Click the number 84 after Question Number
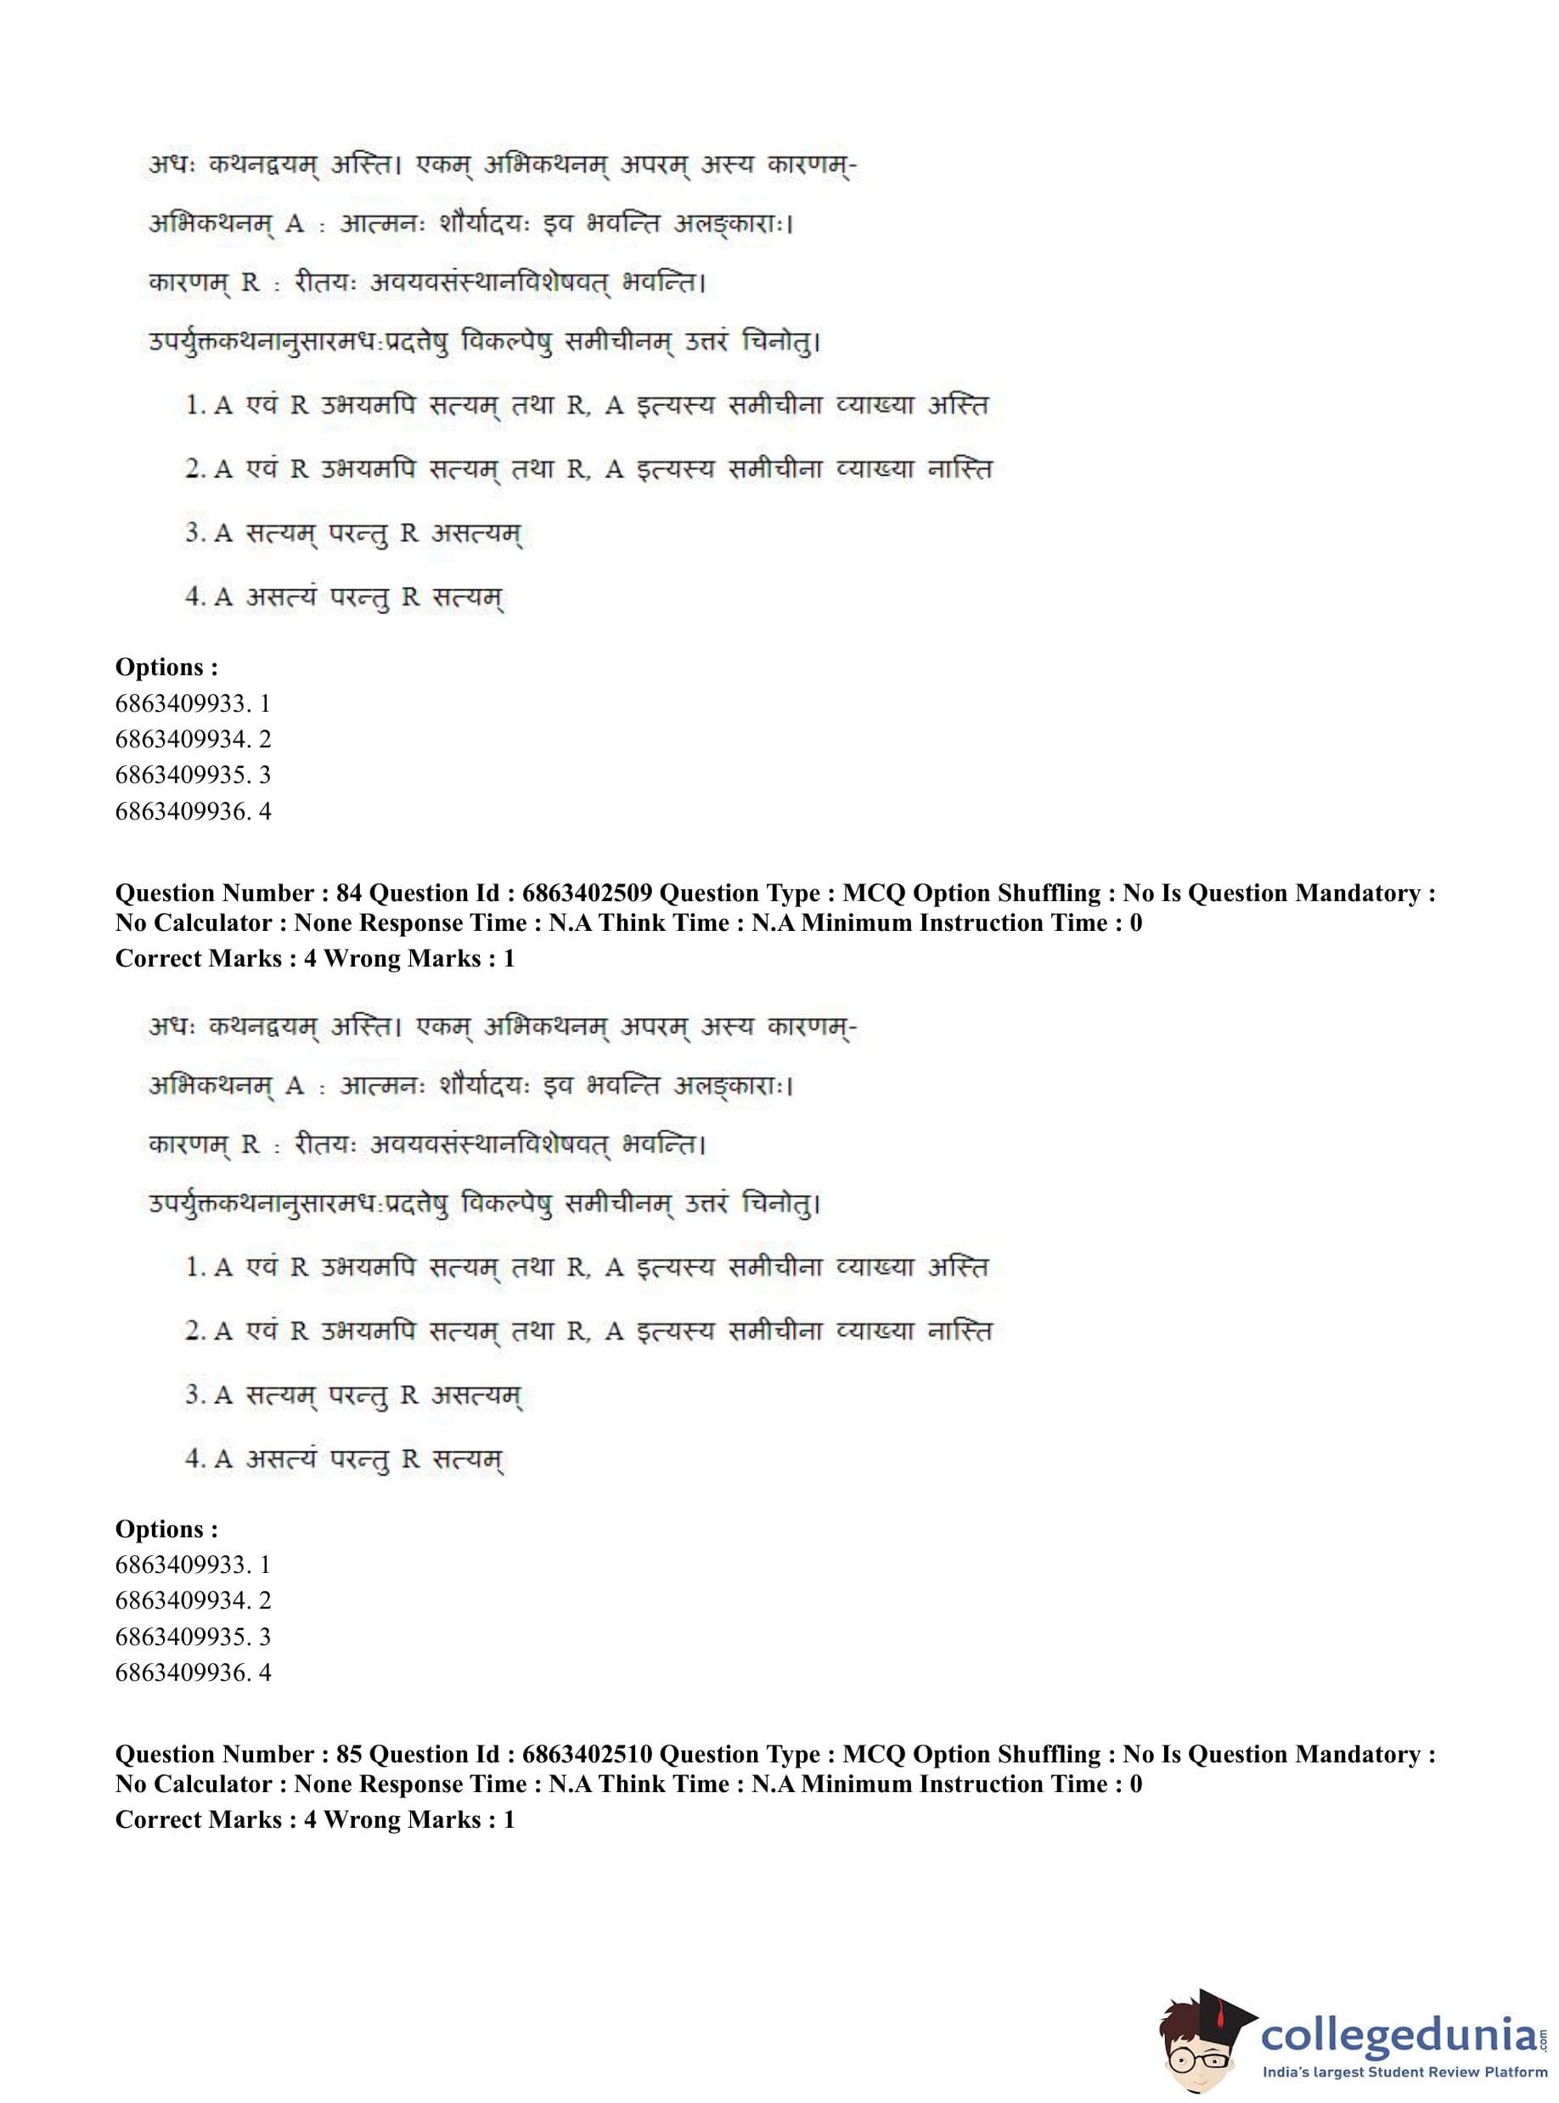349,893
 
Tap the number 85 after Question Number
349,1754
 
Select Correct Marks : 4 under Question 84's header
215,958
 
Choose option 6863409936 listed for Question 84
193,1672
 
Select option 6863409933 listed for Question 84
193,1564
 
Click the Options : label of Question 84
166,1528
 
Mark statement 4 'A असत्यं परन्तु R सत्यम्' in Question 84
345,1459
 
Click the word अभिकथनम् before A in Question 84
211,1085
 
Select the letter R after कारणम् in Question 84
250,1144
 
